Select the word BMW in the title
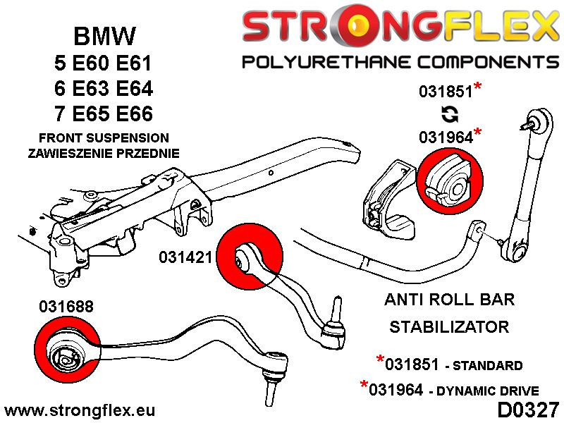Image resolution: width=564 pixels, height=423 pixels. click(104, 37)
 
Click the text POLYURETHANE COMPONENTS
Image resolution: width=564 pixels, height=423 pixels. click(400, 62)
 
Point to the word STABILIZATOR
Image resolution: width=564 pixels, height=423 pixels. click(449, 326)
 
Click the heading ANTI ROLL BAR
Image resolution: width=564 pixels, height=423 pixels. click(449, 299)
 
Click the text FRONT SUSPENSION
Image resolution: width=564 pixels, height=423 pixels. click(104, 137)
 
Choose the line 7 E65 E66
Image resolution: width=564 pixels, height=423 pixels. click(104, 114)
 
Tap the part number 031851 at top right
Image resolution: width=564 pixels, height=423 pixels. click(445, 92)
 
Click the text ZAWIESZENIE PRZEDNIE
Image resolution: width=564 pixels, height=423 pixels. click(104, 152)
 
